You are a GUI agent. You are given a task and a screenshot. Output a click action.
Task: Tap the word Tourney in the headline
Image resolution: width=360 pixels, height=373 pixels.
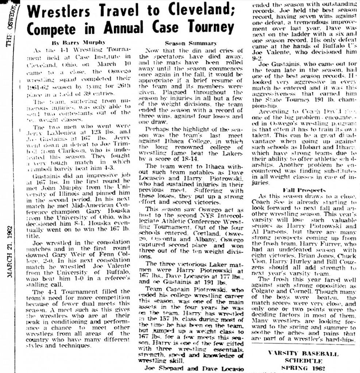click(x=207, y=27)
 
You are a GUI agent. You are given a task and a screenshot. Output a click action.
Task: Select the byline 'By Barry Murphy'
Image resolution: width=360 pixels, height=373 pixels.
click(x=73, y=42)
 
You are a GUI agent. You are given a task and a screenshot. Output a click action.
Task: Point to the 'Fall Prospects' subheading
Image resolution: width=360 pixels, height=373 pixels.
click(x=299, y=190)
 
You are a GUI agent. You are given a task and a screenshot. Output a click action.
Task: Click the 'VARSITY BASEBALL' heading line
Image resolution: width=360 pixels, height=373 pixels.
click(x=303, y=353)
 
